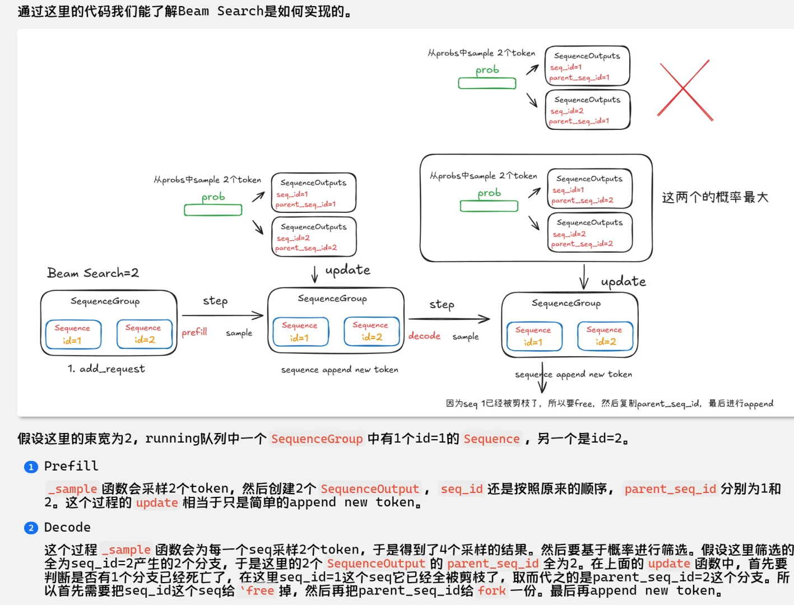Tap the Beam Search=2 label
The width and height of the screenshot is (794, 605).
pyautogui.click(x=93, y=273)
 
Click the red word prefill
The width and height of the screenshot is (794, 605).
pyautogui.click(x=194, y=332)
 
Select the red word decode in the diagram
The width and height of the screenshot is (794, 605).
pyautogui.click(x=424, y=336)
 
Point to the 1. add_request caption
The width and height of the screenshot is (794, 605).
pyautogui.click(x=106, y=369)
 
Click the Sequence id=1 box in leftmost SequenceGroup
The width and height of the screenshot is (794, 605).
pyautogui.click(x=73, y=334)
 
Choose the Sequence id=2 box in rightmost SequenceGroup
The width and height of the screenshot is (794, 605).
pyautogui.click(x=605, y=336)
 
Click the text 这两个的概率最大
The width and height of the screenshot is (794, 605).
pyautogui.click(x=715, y=197)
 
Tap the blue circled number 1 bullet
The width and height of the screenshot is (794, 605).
pyautogui.click(x=31, y=467)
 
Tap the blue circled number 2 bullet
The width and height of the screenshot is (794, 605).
pyautogui.click(x=31, y=528)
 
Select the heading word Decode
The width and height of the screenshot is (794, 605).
pyautogui.click(x=67, y=527)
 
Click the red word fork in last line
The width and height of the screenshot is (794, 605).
pyautogui.click(x=492, y=591)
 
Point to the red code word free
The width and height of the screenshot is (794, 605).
pyautogui.click(x=260, y=591)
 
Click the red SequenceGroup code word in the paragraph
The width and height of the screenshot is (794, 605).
pyautogui.click(x=317, y=439)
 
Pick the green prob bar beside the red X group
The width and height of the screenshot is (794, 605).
pyautogui.click(x=487, y=83)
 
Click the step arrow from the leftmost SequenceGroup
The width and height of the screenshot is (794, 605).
pyautogui.click(x=233, y=315)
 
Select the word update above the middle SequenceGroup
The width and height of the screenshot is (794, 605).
pyautogui.click(x=347, y=270)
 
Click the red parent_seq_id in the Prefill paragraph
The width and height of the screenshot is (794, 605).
pyautogui.click(x=670, y=489)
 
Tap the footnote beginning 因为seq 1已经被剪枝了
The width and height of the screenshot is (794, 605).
pyautogui.click(x=609, y=403)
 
